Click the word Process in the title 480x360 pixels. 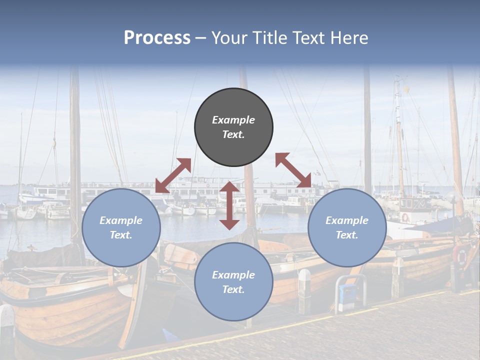tap(157, 38)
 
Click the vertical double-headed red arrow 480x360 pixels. tap(229, 205)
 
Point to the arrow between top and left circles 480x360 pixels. tap(173, 175)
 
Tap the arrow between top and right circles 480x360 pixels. tap(293, 170)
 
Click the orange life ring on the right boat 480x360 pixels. tap(461, 255)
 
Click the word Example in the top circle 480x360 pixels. tap(233, 120)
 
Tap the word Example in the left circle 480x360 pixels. tap(121, 220)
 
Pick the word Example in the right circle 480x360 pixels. tap(347, 220)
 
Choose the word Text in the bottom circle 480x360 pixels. tap(233, 289)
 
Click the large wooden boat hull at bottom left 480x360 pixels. tap(65, 310)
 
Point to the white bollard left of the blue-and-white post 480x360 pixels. tap(304, 290)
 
